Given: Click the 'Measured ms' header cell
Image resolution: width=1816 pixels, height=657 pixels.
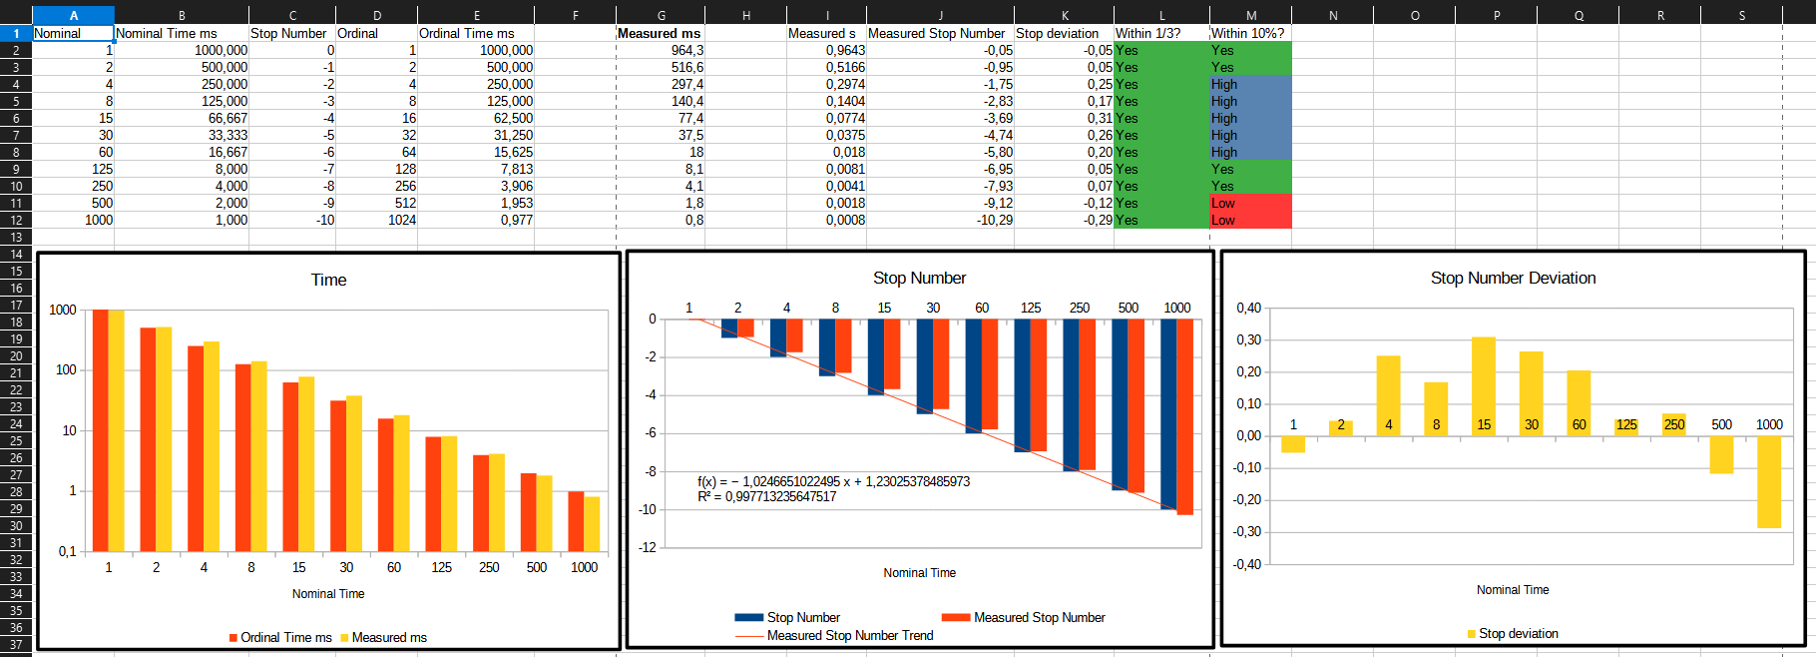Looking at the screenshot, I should (659, 33).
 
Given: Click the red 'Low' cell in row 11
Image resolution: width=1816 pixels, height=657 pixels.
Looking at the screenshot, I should (1249, 203).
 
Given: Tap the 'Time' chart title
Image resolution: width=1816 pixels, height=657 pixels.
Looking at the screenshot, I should (328, 280).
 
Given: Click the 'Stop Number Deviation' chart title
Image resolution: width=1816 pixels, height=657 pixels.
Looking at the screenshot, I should (1513, 278).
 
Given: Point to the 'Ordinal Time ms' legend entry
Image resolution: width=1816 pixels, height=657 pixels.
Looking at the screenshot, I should (285, 637).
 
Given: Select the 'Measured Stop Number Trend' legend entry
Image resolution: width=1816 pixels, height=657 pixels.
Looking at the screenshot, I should (849, 635).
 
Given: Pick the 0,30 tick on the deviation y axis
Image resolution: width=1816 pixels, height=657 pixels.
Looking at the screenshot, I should (1248, 339).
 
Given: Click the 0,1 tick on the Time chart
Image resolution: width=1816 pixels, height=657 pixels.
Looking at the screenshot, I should (67, 551).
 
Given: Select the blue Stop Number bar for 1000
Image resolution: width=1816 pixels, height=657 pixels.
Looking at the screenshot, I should (1168, 414).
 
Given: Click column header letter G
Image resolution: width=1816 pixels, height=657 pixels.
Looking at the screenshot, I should (661, 15).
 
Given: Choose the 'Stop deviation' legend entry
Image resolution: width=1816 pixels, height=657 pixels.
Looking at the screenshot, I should (1518, 633).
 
